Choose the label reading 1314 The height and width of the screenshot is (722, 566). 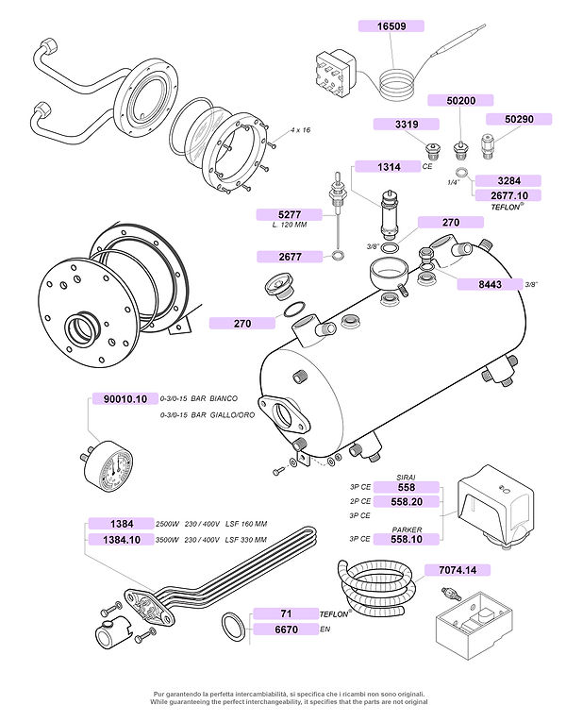click(387, 167)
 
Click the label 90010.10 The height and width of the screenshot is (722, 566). click(124, 399)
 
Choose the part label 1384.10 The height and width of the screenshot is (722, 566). click(120, 540)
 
